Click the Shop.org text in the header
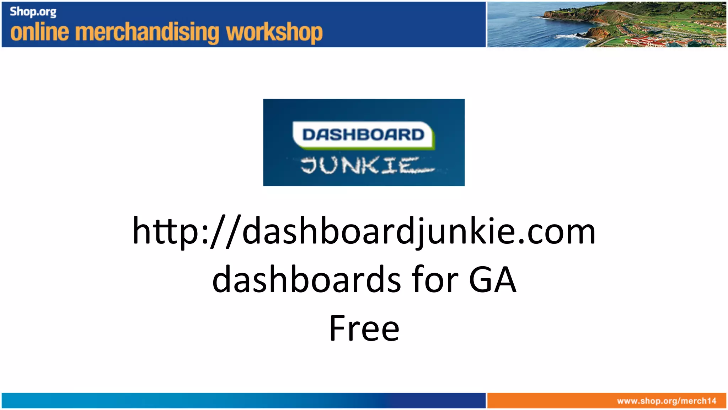click(33, 12)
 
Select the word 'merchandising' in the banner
click(147, 33)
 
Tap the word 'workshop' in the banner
click(274, 33)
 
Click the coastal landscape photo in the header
click(606, 24)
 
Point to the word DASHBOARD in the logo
click(363, 135)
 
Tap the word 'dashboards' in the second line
click(307, 280)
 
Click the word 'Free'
click(364, 328)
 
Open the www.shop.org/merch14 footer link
click(667, 401)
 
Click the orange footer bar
click(551, 401)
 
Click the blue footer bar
click(243, 401)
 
